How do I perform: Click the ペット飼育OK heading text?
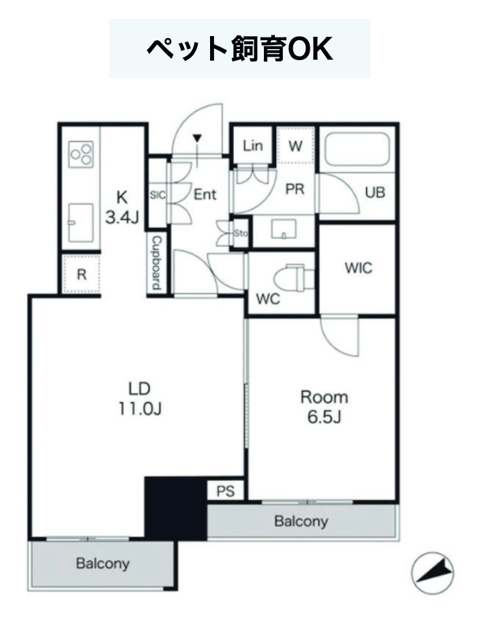pos(239,49)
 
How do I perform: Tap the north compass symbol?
pos(432,573)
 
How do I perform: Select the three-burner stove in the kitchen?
pos(81,154)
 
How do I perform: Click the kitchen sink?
pos(80,222)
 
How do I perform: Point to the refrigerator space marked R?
pos(82,274)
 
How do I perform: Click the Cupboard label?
pos(157,263)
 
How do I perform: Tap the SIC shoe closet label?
pos(158,195)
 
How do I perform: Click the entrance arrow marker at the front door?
pos(198,138)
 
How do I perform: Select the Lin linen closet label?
pos(252,146)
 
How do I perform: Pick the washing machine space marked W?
pos(295,146)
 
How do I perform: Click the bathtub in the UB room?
pos(357,150)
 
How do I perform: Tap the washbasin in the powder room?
pos(284,229)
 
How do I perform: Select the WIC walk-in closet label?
pos(359,268)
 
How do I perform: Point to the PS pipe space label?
pos(226,491)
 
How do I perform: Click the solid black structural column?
pos(176,508)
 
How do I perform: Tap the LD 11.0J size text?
pos(140,399)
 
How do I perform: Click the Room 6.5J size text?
pos(325,407)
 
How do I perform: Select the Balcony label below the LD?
pos(102,563)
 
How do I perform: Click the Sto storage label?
pos(241,233)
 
